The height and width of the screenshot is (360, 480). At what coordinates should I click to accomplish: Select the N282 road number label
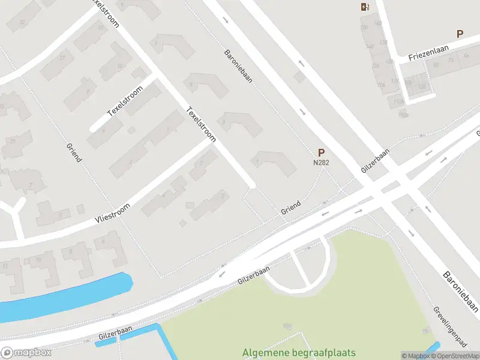tap(321, 162)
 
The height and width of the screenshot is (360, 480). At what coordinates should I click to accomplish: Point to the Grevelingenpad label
tap(449, 327)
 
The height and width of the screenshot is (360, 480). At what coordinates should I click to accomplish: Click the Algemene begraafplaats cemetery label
tap(299, 353)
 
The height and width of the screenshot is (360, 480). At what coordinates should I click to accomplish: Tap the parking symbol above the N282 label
tap(321, 152)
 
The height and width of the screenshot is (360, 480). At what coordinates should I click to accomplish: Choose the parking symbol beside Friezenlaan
tap(460, 34)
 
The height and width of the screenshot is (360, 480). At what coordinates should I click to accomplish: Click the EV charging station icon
tap(364, 7)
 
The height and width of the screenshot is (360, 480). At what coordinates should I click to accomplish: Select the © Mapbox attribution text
tap(415, 356)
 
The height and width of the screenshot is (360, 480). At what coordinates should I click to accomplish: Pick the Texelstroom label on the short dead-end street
tap(125, 100)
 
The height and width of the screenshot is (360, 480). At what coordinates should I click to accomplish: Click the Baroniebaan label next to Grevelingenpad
tap(460, 291)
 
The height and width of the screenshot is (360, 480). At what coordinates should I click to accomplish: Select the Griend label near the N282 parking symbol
tap(291, 208)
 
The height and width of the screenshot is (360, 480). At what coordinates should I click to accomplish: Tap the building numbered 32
tap(22, 22)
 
